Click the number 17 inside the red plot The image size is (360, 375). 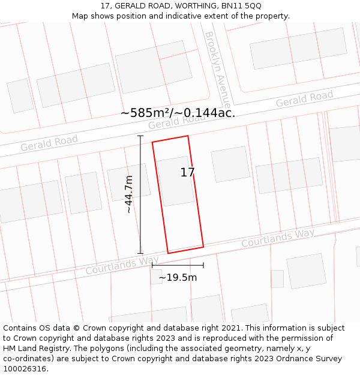(187, 173)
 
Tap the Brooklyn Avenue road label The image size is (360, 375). (217, 70)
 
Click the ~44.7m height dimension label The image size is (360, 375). (129, 194)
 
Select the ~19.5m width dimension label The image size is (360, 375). (178, 278)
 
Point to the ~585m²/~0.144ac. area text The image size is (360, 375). (178, 113)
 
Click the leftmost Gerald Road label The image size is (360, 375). (49, 143)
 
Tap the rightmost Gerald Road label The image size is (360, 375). (304, 99)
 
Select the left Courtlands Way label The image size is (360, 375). (122, 265)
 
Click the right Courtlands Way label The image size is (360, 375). (278, 238)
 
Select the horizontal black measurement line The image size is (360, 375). (178, 265)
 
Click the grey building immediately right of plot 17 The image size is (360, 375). (230, 164)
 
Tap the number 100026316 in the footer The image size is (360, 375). (24, 369)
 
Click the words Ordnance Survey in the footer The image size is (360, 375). (310, 359)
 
